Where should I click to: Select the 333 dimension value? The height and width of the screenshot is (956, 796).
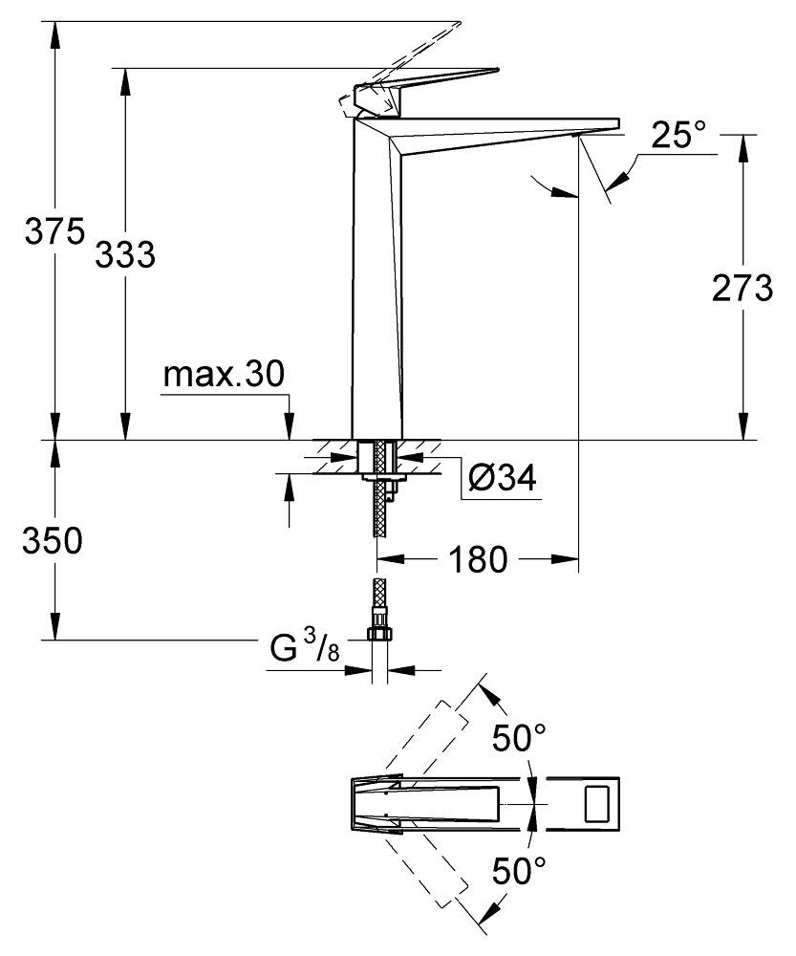(x=124, y=254)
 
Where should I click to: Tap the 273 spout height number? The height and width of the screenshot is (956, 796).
(x=742, y=289)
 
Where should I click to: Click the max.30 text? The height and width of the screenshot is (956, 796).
(x=223, y=375)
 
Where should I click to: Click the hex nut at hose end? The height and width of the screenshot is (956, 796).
(x=379, y=635)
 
